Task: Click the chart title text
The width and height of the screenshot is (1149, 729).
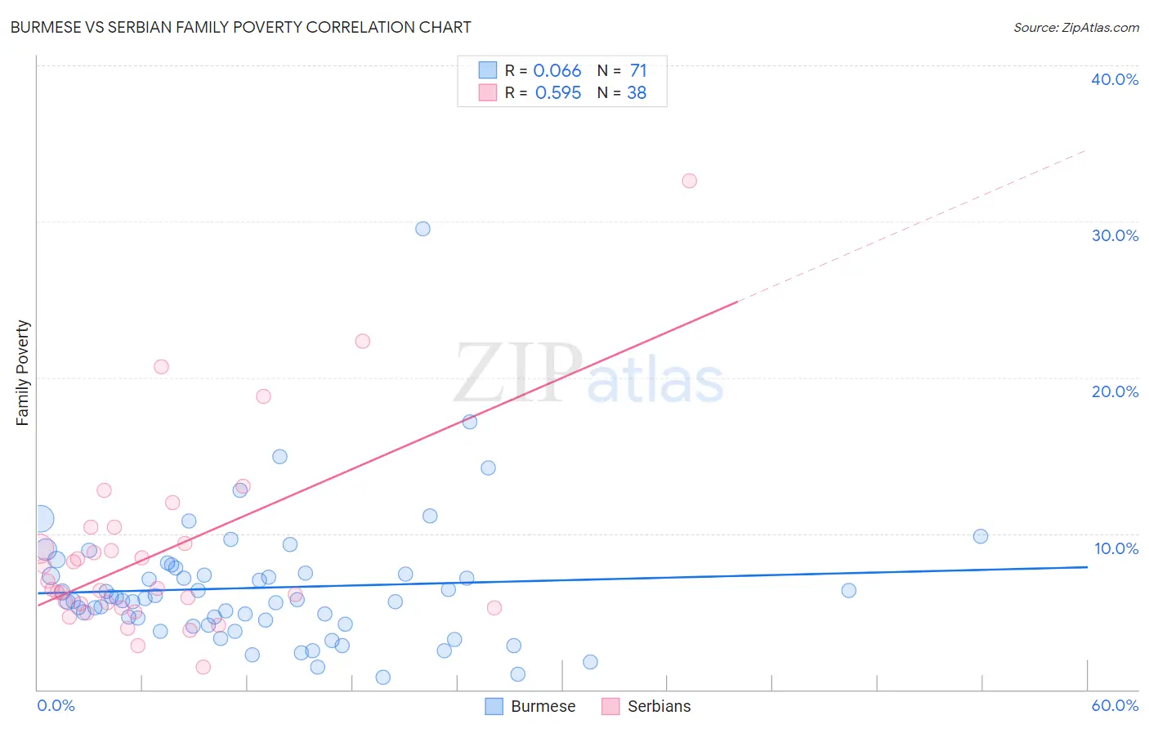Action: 240,27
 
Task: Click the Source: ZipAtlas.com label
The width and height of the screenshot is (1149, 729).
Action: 1075,27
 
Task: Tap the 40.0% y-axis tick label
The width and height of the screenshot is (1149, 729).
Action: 1114,79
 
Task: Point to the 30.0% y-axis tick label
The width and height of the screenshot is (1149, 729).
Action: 1114,235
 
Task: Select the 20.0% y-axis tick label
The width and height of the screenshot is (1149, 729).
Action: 1114,391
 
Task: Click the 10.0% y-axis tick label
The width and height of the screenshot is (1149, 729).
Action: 1115,548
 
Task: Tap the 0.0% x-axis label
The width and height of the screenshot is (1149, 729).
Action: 56,705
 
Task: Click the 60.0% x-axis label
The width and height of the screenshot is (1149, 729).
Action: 1114,705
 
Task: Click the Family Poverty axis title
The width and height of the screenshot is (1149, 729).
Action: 23,373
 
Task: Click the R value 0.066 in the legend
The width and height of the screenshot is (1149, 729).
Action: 557,71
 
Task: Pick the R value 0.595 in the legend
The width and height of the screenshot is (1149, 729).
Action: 557,93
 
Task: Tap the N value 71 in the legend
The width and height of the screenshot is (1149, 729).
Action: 638,71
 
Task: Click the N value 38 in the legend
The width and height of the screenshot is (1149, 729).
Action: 637,93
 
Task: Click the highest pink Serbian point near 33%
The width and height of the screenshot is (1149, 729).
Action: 689,181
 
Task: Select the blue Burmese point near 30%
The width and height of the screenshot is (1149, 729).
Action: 422,229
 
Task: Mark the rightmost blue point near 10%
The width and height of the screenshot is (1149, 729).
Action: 981,536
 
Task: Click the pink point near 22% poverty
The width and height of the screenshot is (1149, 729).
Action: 362,341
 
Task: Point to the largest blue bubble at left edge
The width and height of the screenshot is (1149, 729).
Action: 42,518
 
